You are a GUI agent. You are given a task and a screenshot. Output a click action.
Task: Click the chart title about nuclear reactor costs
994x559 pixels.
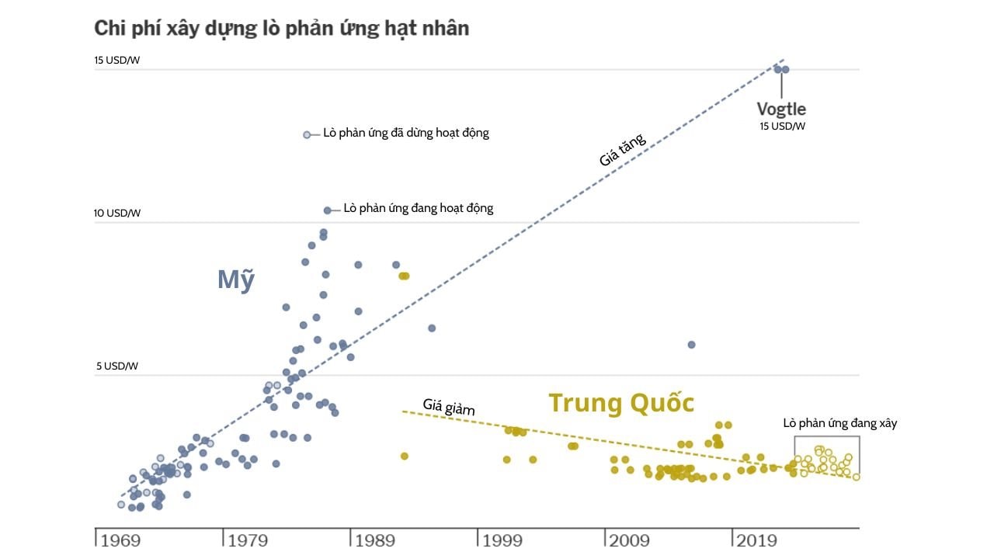281,29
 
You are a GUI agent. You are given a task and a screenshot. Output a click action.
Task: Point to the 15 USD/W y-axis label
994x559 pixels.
116,61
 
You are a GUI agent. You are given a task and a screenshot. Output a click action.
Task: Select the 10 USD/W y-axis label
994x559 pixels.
116,213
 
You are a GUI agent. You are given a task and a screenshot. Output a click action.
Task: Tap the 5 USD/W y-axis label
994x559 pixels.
116,366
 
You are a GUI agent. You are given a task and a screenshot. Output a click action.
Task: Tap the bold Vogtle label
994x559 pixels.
781,109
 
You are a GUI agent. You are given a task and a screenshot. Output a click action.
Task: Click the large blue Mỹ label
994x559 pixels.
235,279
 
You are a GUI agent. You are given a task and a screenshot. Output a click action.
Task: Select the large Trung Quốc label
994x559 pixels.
621,403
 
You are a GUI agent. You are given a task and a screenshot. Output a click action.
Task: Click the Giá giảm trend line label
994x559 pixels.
449,405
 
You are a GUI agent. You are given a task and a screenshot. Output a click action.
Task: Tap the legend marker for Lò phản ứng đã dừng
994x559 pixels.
307,135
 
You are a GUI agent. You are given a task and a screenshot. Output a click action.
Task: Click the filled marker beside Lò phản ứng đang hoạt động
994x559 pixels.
328,210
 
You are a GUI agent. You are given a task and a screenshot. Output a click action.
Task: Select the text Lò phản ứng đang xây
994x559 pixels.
839,424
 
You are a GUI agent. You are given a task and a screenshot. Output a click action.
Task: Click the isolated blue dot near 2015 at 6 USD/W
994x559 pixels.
691,345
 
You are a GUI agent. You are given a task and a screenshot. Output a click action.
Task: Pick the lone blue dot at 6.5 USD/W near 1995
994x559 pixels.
432,328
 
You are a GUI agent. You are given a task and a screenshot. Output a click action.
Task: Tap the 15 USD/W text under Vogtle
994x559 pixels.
782,126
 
